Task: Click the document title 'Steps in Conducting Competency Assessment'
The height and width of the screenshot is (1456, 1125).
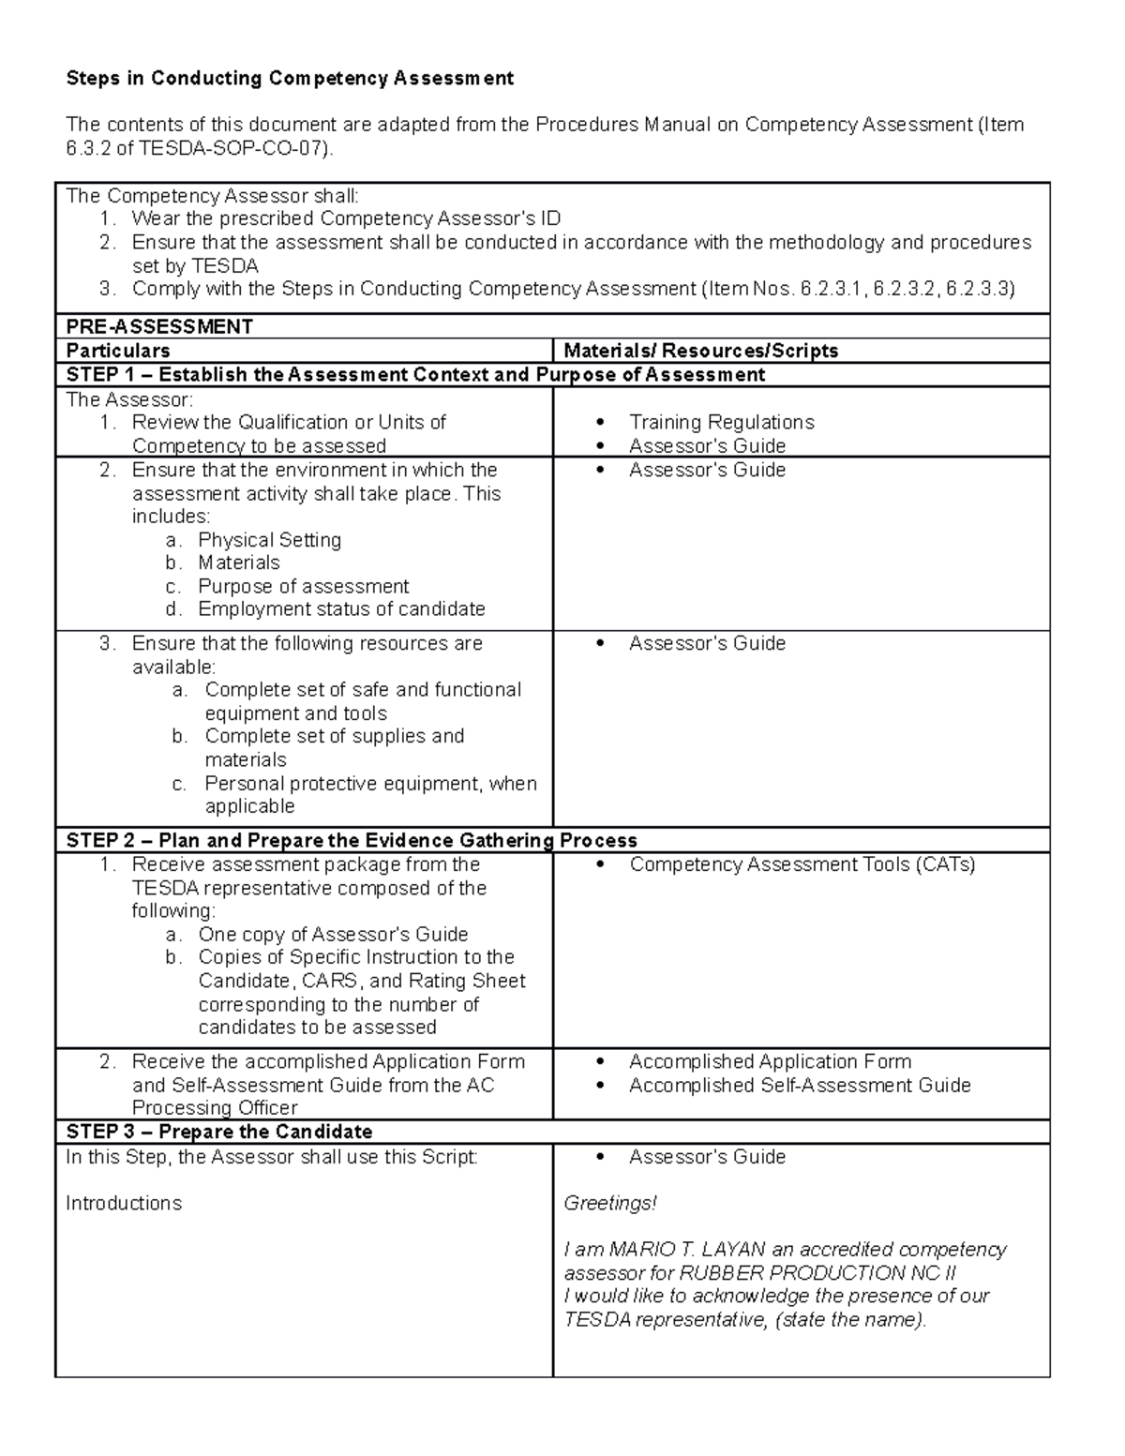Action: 289,78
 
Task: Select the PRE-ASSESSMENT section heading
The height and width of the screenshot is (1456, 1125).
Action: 159,326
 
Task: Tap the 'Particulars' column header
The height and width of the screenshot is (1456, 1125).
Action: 118,351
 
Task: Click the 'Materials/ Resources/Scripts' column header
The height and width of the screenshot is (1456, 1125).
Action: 700,351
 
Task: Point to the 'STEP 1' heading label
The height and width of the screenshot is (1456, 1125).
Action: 93,375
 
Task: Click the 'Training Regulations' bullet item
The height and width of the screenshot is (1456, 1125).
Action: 721,422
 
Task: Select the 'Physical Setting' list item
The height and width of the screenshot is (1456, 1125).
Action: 269,540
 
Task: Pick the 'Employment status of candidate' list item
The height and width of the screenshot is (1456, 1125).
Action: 341,609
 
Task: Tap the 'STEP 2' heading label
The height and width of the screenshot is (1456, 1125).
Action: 93,840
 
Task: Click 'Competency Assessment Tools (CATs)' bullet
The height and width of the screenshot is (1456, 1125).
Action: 802,864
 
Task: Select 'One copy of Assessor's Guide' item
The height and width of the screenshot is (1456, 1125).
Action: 333,934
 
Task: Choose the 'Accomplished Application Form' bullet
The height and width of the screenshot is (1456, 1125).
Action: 770,1061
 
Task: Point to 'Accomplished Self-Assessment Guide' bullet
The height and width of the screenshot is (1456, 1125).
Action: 800,1085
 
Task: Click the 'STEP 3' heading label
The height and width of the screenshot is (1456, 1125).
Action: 93,1131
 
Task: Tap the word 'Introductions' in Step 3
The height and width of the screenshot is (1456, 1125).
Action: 124,1203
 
